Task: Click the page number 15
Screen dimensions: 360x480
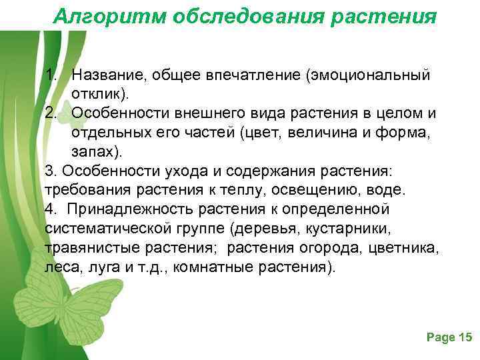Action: pyautogui.click(x=465, y=338)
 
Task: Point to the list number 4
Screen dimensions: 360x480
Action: pyautogui.click(x=51, y=209)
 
